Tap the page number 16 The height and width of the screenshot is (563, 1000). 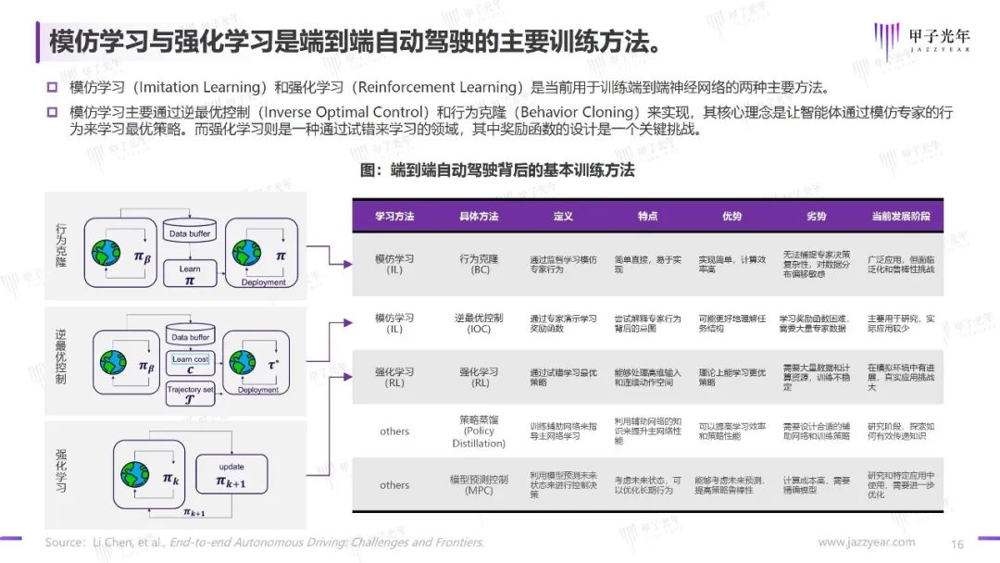click(957, 543)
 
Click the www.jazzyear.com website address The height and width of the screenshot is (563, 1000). click(866, 542)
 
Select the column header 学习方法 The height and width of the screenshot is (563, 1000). click(394, 216)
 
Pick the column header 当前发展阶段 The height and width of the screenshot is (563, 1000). click(900, 216)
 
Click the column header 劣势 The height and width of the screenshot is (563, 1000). click(816, 216)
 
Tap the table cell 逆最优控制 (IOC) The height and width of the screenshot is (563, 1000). click(479, 323)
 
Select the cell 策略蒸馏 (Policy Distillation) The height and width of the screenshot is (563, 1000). click(479, 432)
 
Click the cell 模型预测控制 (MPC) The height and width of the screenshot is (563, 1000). click(479, 484)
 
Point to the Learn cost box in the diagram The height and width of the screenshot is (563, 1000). click(191, 364)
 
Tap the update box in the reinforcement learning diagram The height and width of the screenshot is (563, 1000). click(231, 474)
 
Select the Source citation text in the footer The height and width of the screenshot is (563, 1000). click(265, 543)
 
